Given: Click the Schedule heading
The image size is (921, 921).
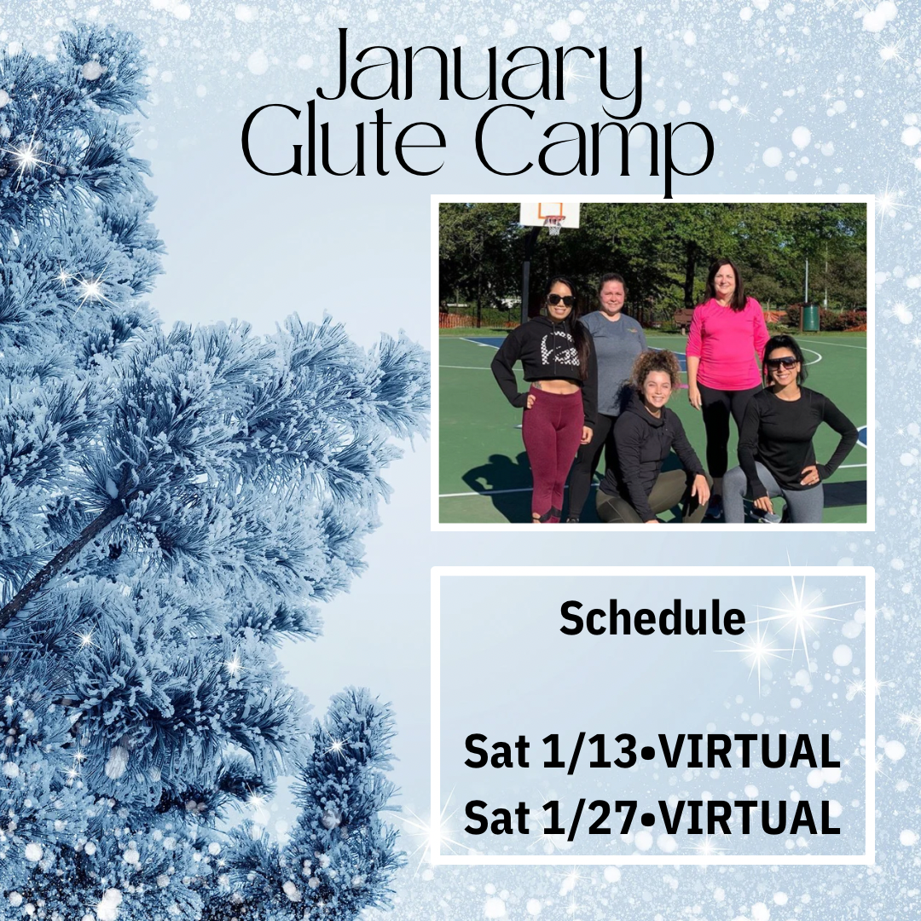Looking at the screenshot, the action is pyautogui.click(x=652, y=618).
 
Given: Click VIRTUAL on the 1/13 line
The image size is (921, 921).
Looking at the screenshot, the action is pyautogui.click(x=746, y=751).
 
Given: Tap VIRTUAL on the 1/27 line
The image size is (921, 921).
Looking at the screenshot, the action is pyautogui.click(x=746, y=818).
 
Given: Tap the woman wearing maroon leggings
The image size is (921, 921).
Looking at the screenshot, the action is pyautogui.click(x=543, y=399).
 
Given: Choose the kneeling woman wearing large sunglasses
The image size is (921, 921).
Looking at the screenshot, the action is pyautogui.click(x=785, y=435).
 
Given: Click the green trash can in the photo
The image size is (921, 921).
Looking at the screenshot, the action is pyautogui.click(x=811, y=316).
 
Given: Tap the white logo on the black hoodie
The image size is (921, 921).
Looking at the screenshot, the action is pyautogui.click(x=544, y=347).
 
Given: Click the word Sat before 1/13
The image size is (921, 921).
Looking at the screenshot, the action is pyautogui.click(x=495, y=752).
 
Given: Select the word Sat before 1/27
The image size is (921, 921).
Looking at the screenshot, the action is pyautogui.click(x=495, y=818).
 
